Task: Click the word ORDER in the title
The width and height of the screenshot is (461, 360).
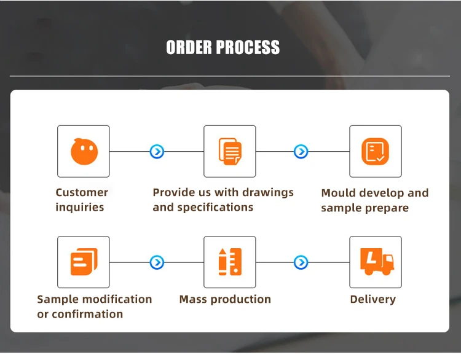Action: click(190, 47)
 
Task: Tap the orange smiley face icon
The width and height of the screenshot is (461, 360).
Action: click(84, 152)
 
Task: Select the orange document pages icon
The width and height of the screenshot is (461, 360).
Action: click(230, 151)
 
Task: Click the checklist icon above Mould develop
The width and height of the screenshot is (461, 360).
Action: click(375, 151)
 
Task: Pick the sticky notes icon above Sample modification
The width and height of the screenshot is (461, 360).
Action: click(84, 262)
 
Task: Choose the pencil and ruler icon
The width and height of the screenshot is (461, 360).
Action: click(230, 262)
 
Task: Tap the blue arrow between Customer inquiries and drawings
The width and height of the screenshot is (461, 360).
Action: click(157, 151)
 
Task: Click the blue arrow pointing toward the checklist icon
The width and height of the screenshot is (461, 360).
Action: click(301, 151)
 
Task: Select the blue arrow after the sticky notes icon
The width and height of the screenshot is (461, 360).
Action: click(157, 262)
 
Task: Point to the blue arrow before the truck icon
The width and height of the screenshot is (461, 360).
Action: click(301, 262)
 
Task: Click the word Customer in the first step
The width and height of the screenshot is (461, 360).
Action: click(82, 192)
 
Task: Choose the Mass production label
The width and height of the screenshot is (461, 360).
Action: click(225, 299)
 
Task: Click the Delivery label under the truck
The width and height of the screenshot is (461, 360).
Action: click(372, 299)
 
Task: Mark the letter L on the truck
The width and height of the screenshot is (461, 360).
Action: click(369, 258)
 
